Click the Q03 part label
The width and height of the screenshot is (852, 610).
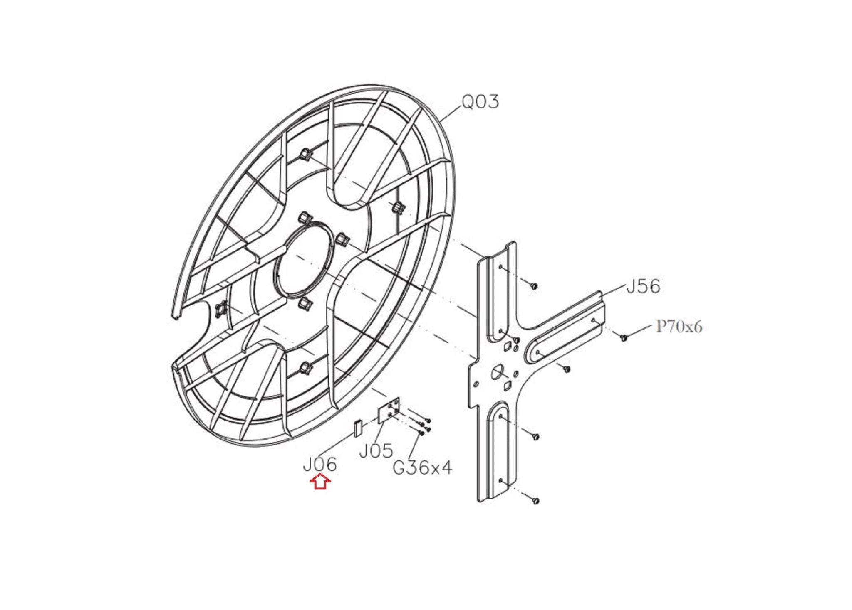click(480, 102)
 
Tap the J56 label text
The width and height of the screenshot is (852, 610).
click(643, 286)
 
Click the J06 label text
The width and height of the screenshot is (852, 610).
click(319, 465)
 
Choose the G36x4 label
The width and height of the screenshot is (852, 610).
click(422, 468)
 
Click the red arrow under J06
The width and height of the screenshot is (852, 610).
click(320, 482)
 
